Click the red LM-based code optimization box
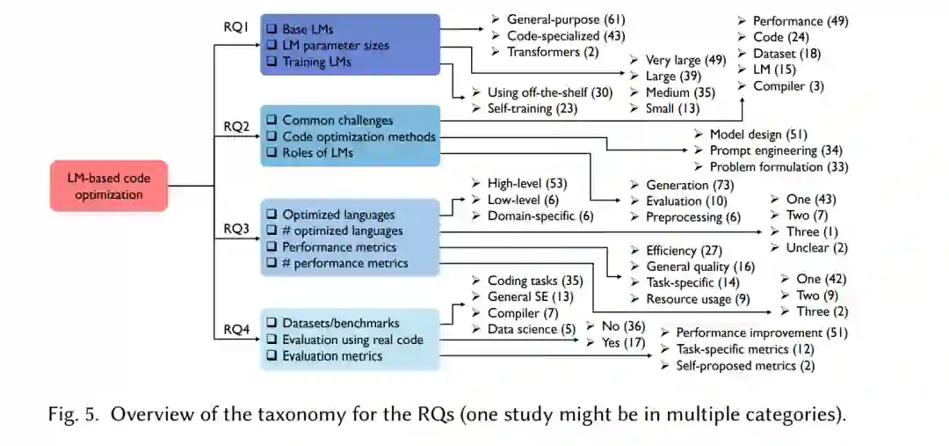point(108,186)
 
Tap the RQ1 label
point(236,27)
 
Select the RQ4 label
point(236,330)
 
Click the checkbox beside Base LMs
point(272,30)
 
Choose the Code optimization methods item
point(359,136)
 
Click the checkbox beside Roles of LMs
point(272,153)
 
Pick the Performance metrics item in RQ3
point(339,247)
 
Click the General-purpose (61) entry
point(566,19)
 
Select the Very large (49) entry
point(685,60)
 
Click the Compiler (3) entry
point(788,85)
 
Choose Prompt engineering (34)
point(776,150)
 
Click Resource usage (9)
point(698,299)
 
